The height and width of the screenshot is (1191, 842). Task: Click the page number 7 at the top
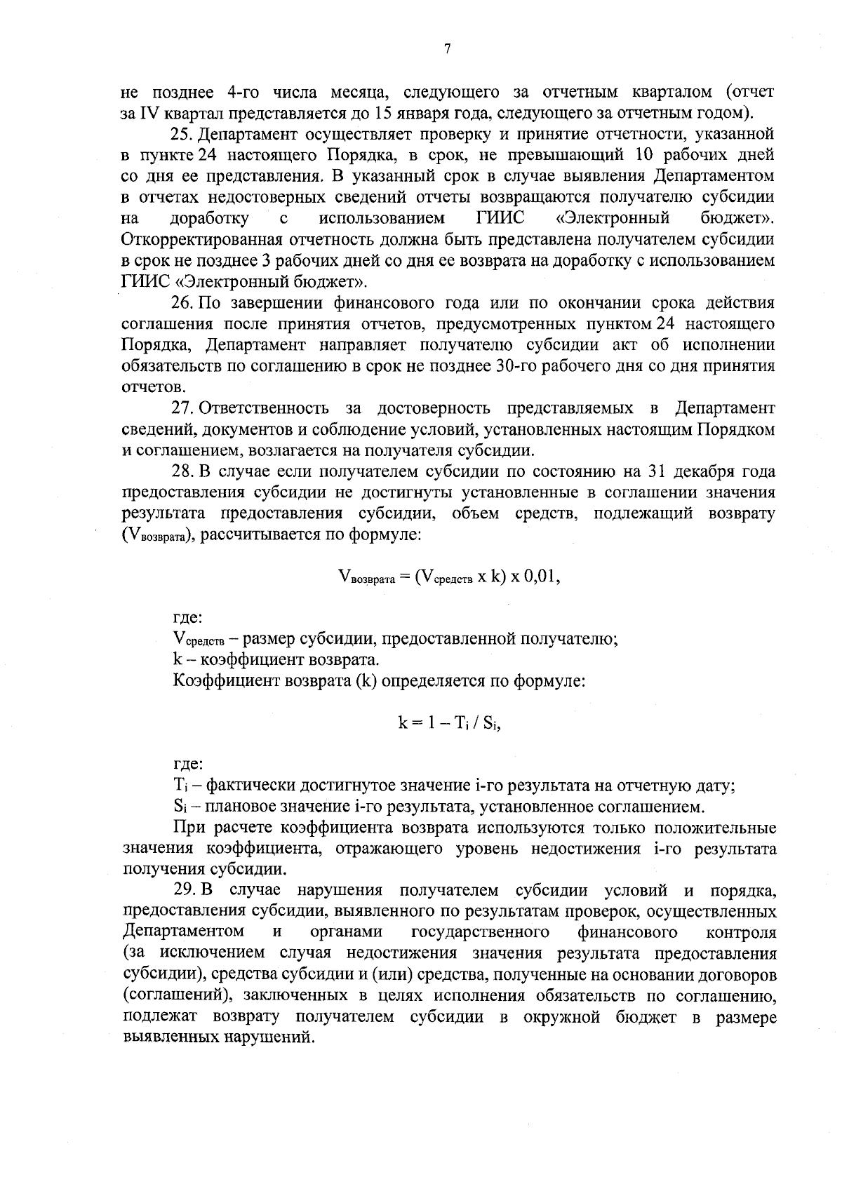tap(448, 49)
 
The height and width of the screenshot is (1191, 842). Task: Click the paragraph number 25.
tap(183, 133)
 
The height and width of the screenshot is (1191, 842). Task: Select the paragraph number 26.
tap(183, 303)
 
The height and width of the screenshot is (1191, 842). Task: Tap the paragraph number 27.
tap(183, 408)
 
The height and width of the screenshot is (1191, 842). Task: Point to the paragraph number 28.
tap(183, 471)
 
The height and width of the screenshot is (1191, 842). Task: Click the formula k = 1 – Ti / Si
tap(449, 724)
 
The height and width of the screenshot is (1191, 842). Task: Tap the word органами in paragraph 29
tap(346, 932)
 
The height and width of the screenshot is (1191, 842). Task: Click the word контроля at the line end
tap(742, 933)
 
